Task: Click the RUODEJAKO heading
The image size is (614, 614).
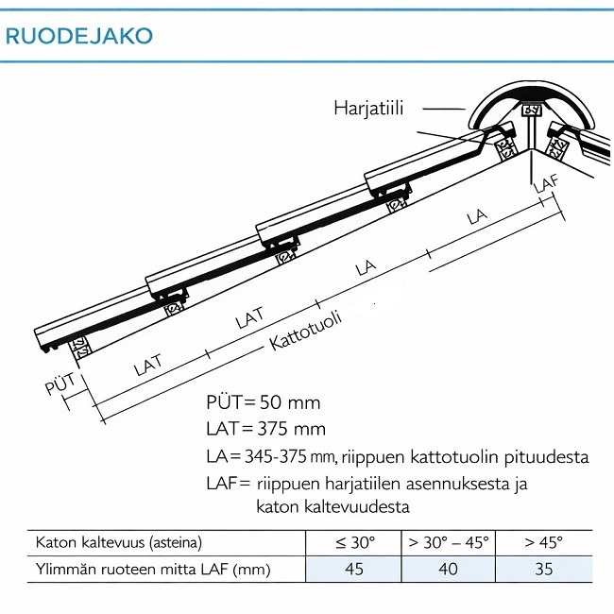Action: point(78,36)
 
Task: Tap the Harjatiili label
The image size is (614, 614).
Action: point(368,108)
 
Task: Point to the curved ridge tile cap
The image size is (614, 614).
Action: point(532,106)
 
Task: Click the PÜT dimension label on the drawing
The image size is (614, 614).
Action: point(60,384)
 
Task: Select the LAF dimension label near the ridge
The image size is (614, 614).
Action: point(546,183)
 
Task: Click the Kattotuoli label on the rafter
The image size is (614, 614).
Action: point(305,331)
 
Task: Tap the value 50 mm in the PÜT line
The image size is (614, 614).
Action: point(290,402)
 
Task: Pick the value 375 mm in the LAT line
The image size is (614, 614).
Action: point(292,429)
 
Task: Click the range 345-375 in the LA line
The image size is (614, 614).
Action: point(276,456)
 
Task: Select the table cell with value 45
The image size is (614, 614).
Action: point(353,569)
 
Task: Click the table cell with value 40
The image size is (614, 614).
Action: point(449,569)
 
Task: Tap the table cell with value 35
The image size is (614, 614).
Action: point(544,569)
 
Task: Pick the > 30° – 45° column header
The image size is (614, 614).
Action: point(449,543)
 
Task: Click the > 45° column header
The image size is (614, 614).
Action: point(544,543)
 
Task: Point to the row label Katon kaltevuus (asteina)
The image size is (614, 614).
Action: point(119,543)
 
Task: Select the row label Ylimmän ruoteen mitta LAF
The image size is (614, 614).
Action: point(153,569)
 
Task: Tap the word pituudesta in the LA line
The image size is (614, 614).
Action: point(546,457)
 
